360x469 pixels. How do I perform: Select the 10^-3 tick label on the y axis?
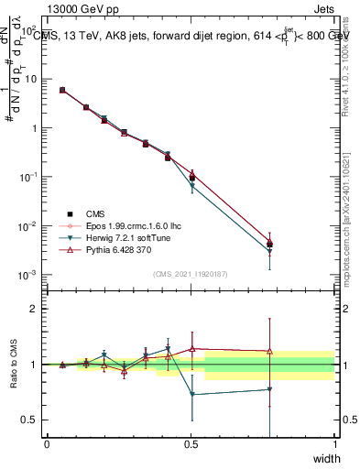click(x=30, y=275)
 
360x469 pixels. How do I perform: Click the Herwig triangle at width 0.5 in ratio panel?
click(x=191, y=395)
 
